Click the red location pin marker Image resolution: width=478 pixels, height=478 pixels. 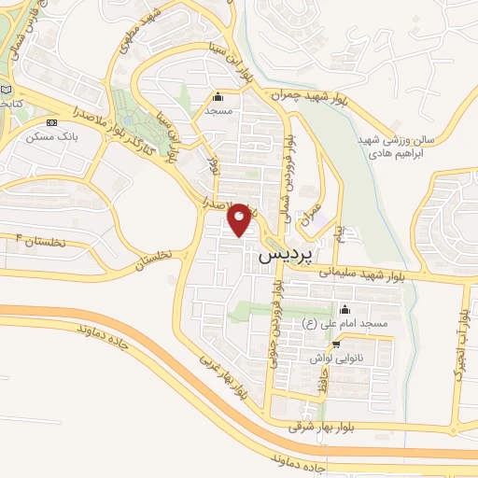[x=240, y=218]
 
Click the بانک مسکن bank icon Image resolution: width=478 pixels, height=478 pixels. [x=51, y=122]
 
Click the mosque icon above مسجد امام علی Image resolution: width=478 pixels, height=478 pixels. [x=345, y=310]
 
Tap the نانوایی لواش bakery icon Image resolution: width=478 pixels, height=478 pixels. [x=335, y=344]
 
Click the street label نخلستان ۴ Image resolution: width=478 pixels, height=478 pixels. [x=37, y=243]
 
